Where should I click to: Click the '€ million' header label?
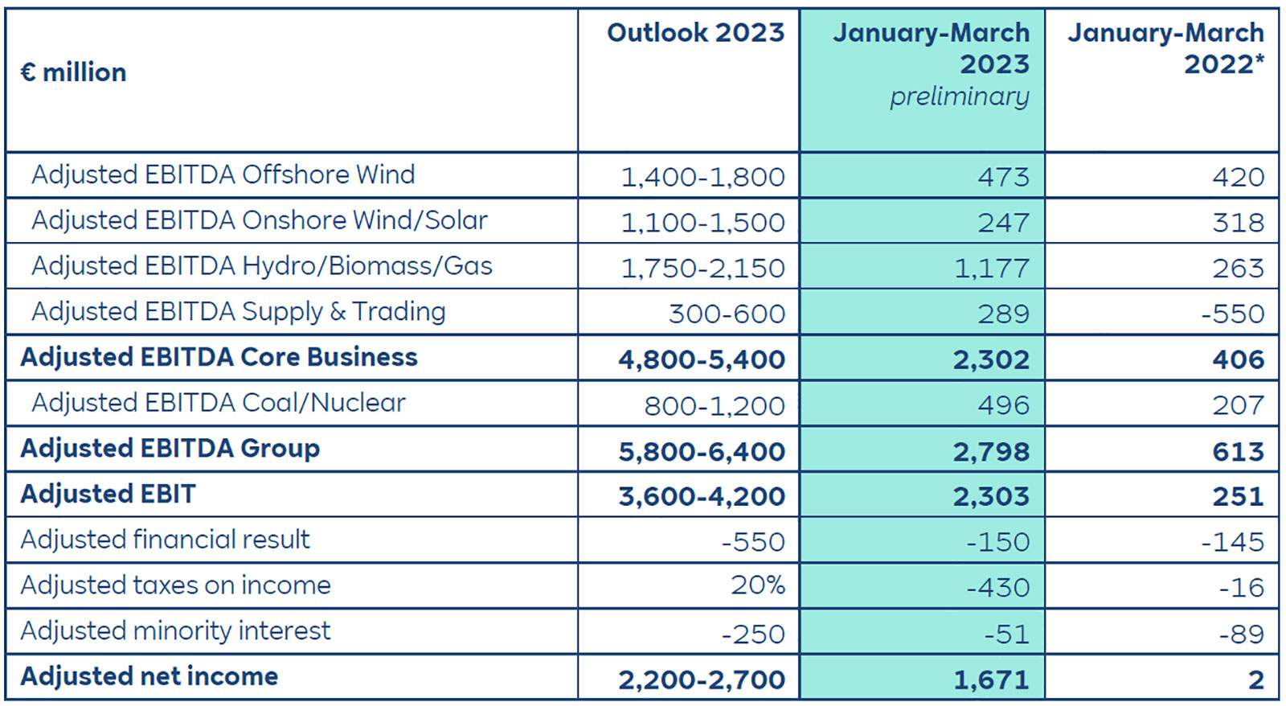[73, 72]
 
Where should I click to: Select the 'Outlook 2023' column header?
[695, 33]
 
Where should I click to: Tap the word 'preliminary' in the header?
[959, 96]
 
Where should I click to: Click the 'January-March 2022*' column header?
[1165, 48]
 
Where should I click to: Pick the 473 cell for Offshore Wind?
[1002, 177]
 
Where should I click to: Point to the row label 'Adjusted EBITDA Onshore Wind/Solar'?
[259, 220]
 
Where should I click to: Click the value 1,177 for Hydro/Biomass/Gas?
[991, 268]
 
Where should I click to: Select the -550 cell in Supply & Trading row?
[1232, 314]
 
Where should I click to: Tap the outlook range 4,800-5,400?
[701, 359]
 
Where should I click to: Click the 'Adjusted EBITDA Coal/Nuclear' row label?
[218, 403]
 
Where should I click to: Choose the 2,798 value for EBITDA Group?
[991, 451]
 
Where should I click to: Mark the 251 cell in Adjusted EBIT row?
[1238, 496]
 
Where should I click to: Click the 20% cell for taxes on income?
[757, 585]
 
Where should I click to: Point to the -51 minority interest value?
[1006, 634]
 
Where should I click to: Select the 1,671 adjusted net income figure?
[991, 680]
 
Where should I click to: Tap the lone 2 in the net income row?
[1255, 680]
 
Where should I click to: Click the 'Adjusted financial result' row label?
[165, 540]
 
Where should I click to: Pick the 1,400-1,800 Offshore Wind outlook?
[702, 177]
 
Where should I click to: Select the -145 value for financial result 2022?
[1232, 542]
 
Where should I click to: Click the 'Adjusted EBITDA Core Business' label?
[219, 357]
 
